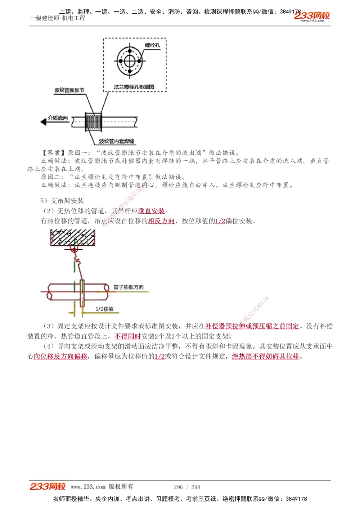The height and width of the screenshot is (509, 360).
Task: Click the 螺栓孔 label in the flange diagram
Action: click(153, 45)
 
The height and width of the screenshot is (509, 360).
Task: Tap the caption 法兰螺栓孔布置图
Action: click(134, 87)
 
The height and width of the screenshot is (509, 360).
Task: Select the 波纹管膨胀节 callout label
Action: click(69, 90)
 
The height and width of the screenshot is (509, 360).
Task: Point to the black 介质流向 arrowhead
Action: click(44, 122)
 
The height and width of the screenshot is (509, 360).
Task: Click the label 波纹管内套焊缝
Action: click(117, 141)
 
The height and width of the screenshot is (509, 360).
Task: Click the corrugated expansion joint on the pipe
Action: click(93, 122)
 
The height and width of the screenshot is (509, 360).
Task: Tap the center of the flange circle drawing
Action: click(130, 62)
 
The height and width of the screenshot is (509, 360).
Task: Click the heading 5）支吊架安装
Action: click(62, 201)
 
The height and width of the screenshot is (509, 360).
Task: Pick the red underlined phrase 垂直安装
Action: click(152, 211)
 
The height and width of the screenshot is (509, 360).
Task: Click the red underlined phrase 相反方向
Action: click(161, 221)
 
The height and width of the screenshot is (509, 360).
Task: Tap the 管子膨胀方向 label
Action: click(129, 287)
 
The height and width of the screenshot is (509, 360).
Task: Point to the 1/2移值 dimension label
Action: click(104, 309)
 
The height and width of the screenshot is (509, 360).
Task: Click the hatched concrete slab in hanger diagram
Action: click(72, 237)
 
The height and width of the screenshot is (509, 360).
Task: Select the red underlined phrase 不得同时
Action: click(127, 336)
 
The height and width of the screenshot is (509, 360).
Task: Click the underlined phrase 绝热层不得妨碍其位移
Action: click(265, 356)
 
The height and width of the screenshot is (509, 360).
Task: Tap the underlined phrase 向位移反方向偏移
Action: click(60, 356)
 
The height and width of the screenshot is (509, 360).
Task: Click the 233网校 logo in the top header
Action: click(312, 16)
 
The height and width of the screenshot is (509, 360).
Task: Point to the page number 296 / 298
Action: click(187, 487)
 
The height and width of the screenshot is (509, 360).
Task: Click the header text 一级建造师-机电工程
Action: click(58, 18)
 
